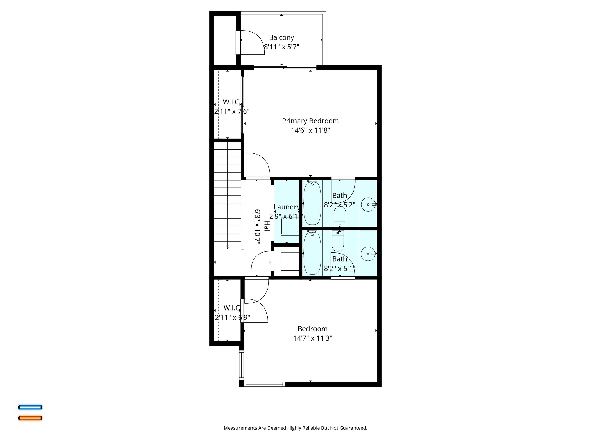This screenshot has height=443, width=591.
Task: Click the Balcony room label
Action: tap(281, 37)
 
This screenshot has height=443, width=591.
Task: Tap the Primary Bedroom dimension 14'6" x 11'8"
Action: tap(310, 130)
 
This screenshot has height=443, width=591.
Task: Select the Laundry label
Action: tap(286, 207)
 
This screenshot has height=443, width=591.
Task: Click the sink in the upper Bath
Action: tap(368, 204)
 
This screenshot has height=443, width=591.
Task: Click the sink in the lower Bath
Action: tap(368, 254)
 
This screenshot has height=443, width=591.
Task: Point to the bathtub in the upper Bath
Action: tap(312, 204)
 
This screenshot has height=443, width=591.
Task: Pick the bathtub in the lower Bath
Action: tap(312, 253)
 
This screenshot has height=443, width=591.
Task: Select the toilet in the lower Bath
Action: tap(338, 241)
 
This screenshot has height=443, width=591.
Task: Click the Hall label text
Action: tap(267, 227)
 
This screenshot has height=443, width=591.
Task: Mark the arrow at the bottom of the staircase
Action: tap(227, 247)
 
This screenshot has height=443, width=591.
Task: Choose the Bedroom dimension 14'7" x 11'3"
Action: tap(313, 338)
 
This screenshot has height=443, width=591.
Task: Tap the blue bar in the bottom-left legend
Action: tap(30, 407)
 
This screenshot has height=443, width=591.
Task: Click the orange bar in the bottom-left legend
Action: tap(30, 418)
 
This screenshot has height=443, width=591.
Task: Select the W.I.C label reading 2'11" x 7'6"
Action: tap(232, 111)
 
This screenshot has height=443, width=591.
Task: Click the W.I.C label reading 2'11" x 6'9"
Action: tap(232, 317)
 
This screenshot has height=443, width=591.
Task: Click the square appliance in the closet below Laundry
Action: tap(290, 261)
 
